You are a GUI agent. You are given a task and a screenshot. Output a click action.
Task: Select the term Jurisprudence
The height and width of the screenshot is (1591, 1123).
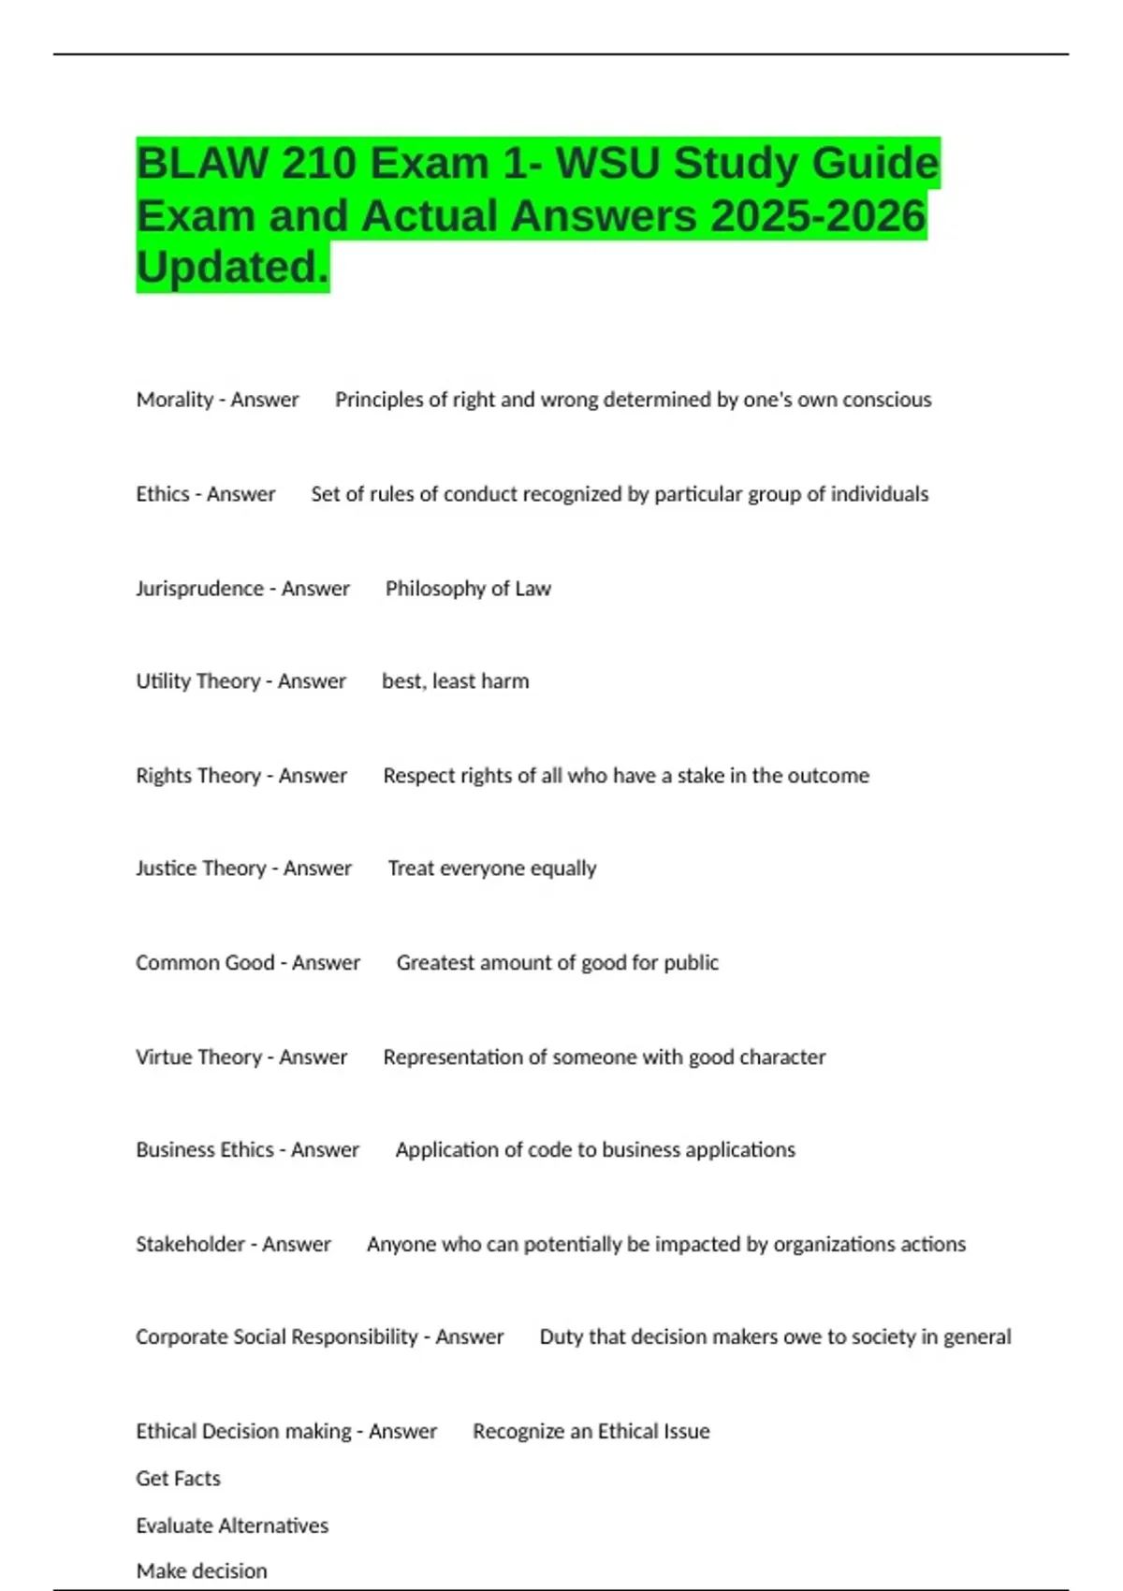tap(199, 589)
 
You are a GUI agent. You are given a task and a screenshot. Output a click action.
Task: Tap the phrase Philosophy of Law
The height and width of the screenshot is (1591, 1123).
tap(468, 589)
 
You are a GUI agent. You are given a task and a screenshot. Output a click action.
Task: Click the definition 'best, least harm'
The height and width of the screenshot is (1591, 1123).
tap(455, 681)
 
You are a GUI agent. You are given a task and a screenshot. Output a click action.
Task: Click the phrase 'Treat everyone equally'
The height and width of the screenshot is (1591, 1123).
tap(492, 868)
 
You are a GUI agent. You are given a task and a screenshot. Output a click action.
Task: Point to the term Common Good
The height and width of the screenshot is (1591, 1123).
tap(205, 963)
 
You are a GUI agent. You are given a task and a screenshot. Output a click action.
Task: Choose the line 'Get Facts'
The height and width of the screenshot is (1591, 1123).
tap(178, 1479)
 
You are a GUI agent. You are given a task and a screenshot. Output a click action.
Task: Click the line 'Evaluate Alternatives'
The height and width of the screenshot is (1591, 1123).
tap(232, 1525)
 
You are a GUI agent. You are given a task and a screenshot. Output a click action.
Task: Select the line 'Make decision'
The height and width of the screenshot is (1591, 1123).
tap(201, 1571)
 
